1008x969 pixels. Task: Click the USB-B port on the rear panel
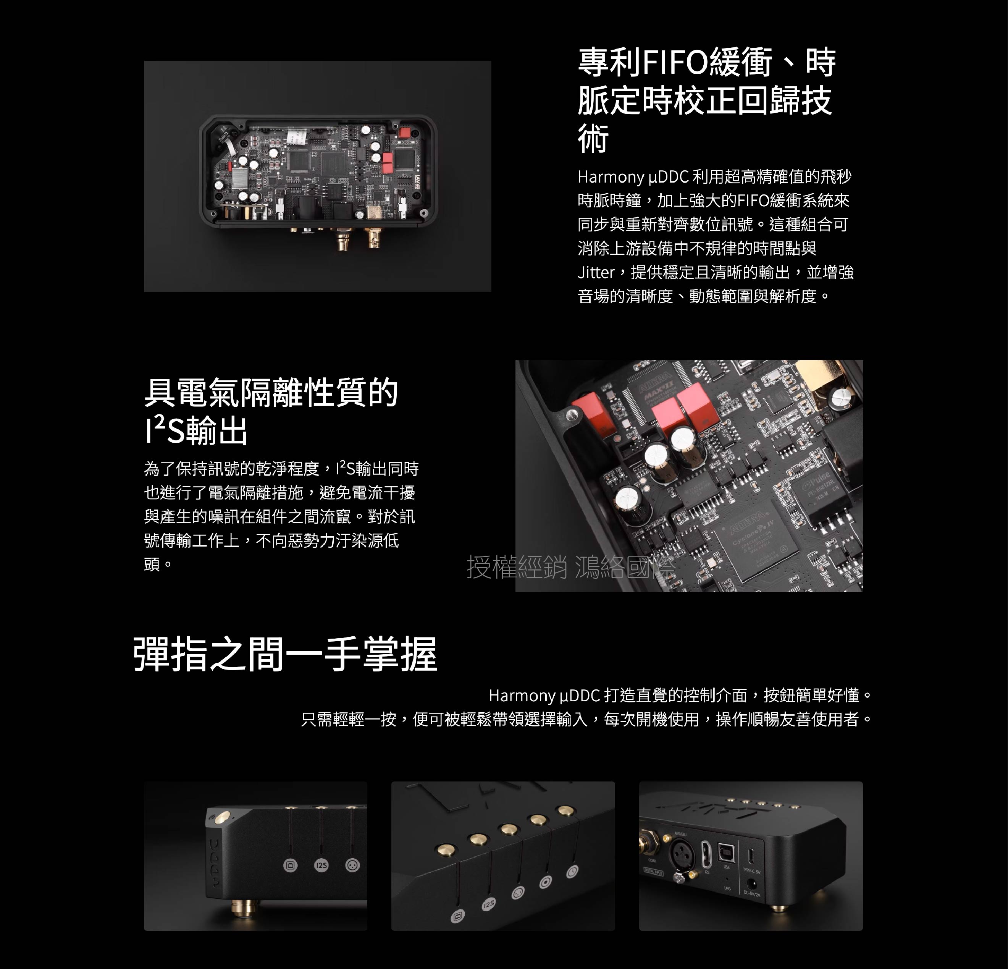726,854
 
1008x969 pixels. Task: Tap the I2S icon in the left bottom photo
321,865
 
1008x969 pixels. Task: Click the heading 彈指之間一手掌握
286,654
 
